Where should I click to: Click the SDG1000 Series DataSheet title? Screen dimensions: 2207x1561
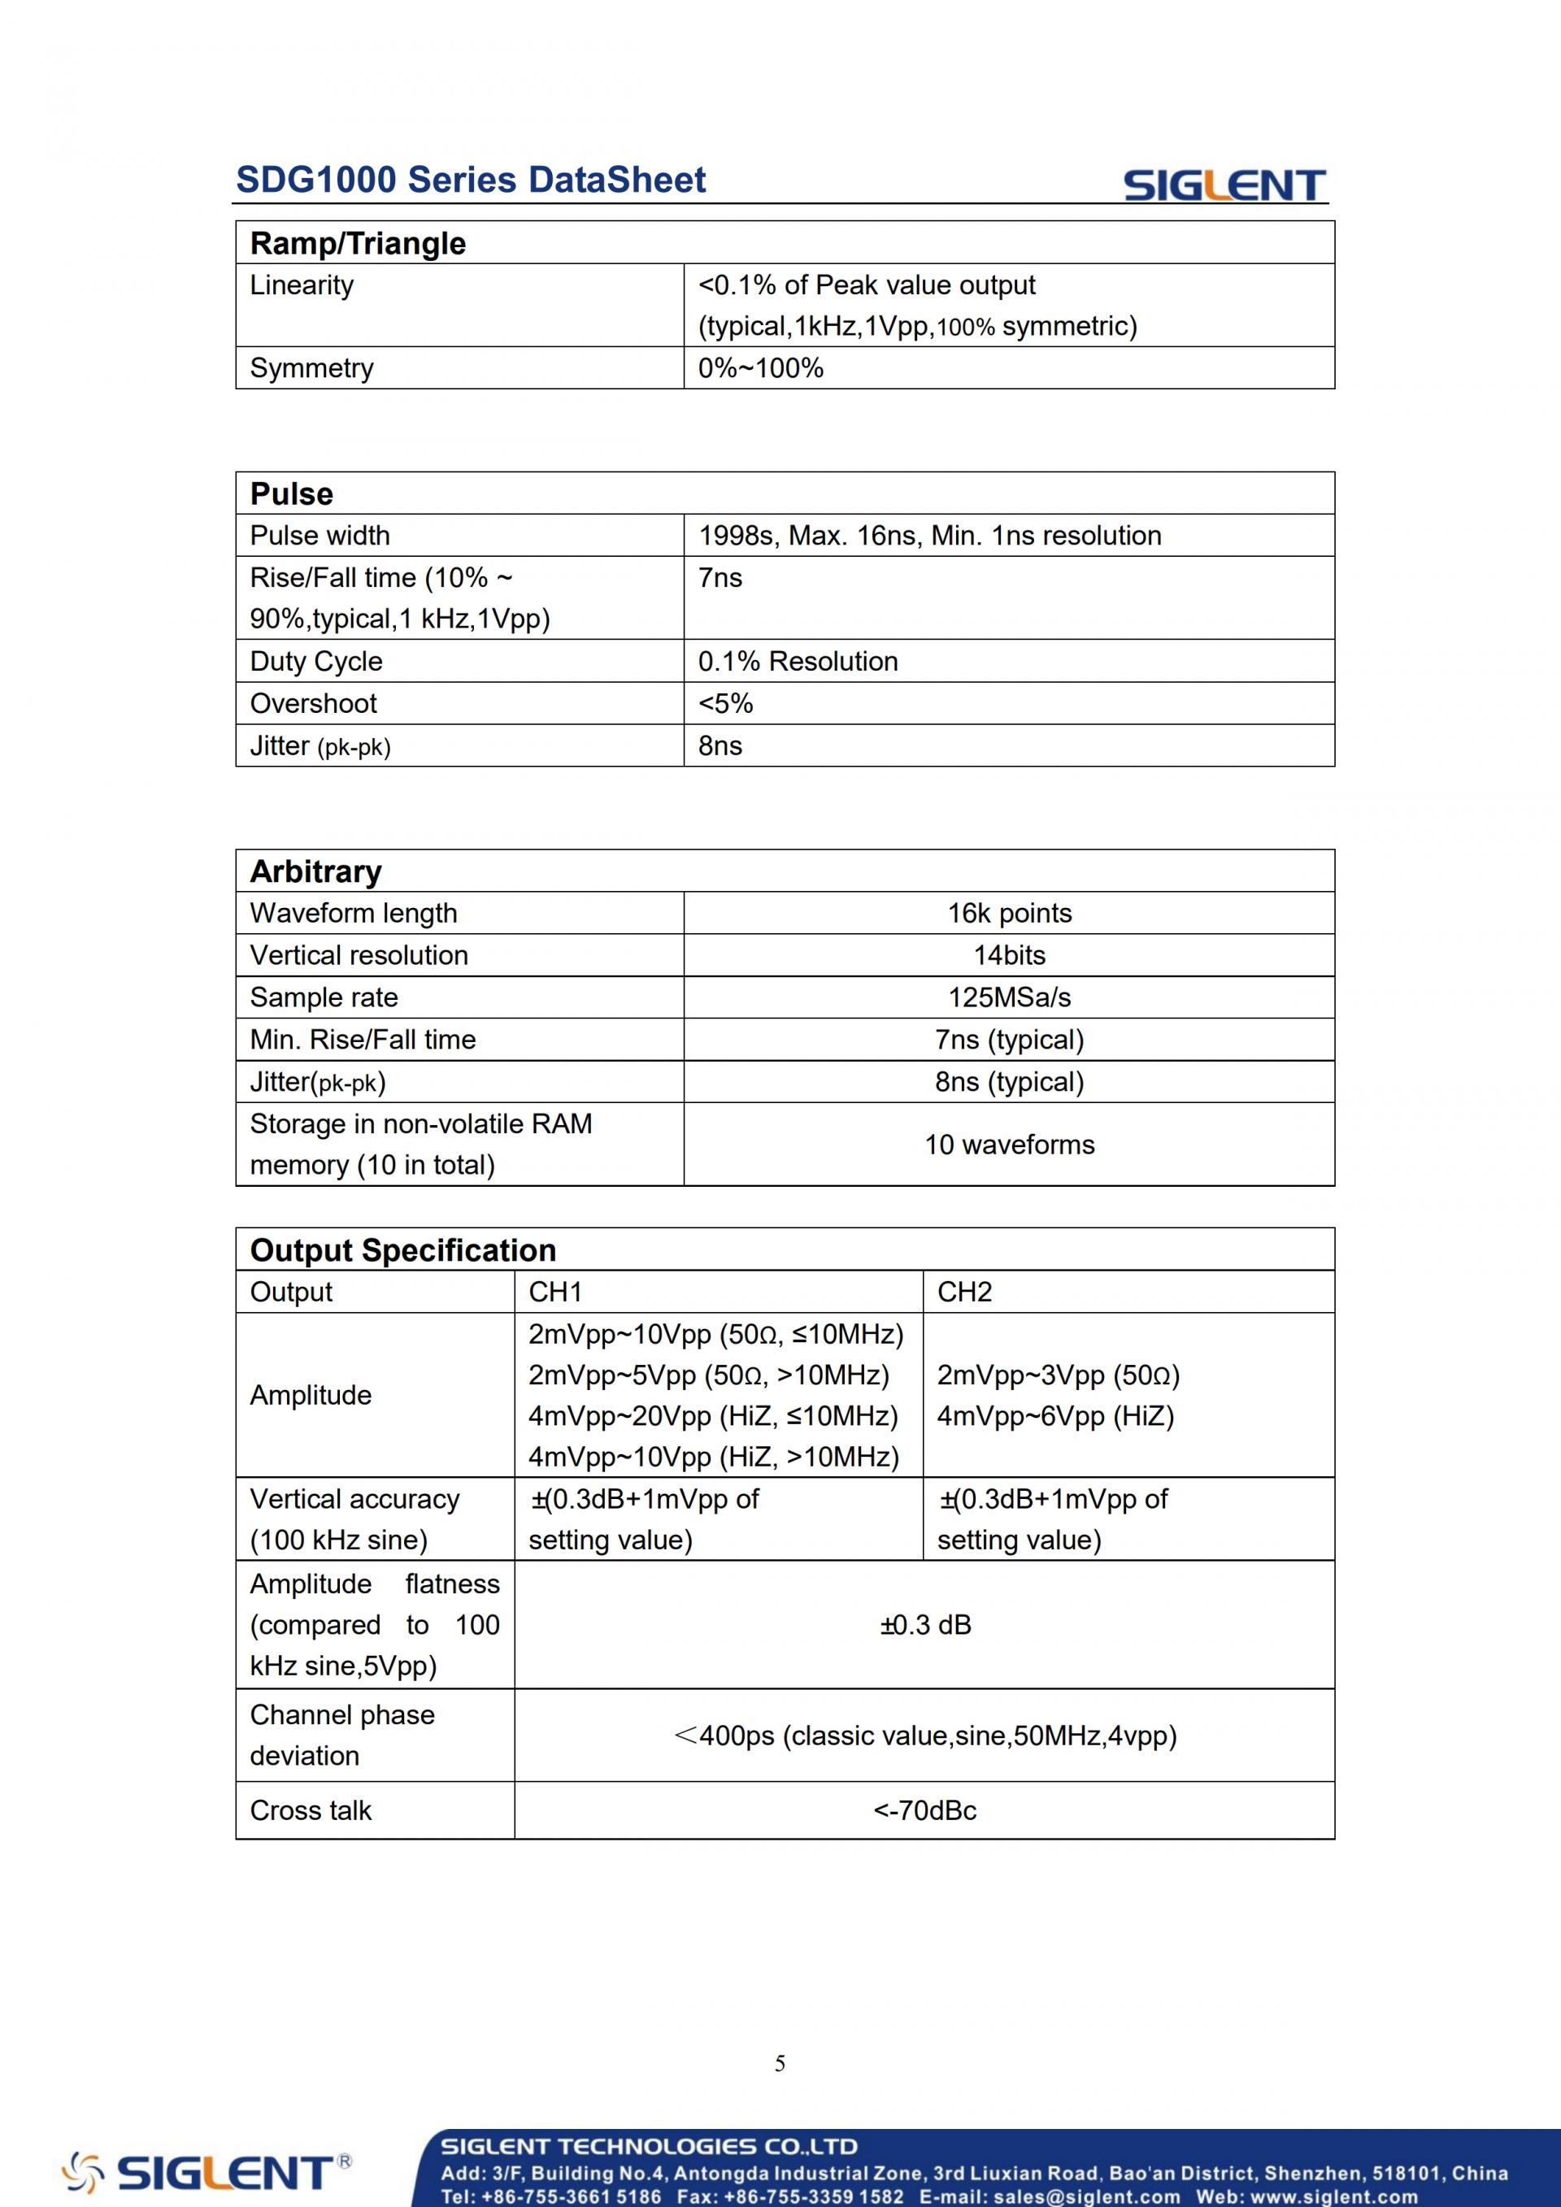coord(470,180)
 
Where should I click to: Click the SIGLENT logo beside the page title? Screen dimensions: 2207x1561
coord(1224,185)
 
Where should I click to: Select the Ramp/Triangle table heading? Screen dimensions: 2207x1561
coord(358,243)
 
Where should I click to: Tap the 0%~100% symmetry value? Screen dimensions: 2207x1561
coord(760,368)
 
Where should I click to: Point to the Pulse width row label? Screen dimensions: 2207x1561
coord(320,536)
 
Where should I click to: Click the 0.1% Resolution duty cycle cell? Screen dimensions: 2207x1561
coord(798,662)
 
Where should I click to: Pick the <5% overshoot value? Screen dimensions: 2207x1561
coord(726,704)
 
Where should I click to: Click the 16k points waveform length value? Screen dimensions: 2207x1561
coord(1009,913)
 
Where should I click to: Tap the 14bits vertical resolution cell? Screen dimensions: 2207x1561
coord(1009,955)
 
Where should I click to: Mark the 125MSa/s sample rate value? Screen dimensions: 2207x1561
coord(1009,997)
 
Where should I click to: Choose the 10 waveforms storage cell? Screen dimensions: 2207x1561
coord(1009,1145)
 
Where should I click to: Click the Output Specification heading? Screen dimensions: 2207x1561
coord(402,1250)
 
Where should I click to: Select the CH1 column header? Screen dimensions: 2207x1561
coord(555,1292)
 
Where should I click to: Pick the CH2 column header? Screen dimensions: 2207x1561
coord(964,1292)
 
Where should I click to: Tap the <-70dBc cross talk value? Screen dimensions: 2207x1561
coord(924,1811)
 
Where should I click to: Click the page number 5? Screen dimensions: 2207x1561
coord(780,2063)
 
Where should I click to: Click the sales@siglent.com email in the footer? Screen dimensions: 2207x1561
coord(1086,2196)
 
